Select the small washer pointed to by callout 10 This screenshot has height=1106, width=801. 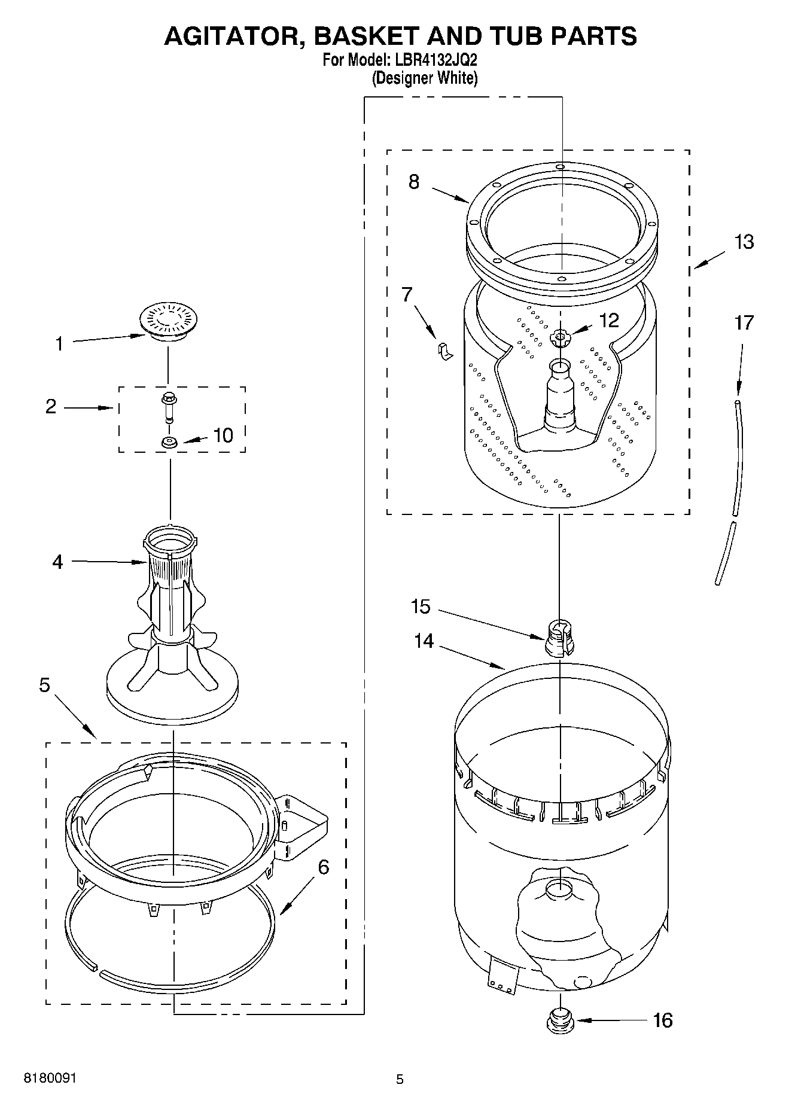[169, 443]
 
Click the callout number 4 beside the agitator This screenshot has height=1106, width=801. [57, 562]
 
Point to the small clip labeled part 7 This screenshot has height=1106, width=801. [444, 352]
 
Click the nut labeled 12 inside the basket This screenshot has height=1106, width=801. [559, 339]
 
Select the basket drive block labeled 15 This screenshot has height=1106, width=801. [559, 638]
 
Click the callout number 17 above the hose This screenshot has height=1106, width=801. [744, 323]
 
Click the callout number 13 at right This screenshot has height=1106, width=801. [744, 242]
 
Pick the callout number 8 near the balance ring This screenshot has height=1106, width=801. [414, 181]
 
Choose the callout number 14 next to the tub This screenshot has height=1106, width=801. [424, 641]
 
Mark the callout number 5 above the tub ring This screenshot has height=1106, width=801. [45, 685]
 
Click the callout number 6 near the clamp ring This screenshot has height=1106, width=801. [323, 867]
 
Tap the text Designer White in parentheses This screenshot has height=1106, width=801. [425, 78]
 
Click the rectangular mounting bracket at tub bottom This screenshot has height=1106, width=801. [502, 976]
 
